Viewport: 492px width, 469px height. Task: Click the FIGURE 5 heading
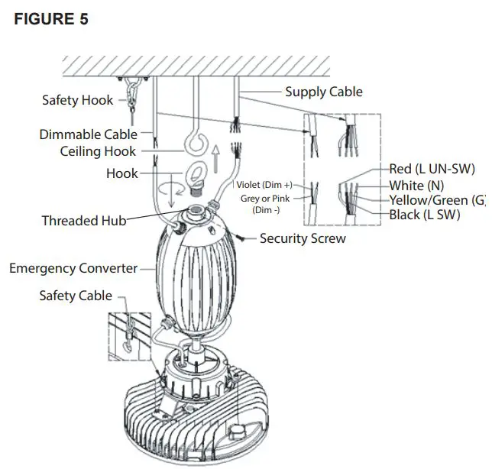coord(51,19)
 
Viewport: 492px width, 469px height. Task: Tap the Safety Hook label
coord(77,100)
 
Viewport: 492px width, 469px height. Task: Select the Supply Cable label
coord(323,92)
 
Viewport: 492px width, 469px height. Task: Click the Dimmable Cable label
coord(89,134)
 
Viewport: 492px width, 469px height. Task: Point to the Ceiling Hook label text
coord(98,151)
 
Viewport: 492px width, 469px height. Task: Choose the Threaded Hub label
coord(83,221)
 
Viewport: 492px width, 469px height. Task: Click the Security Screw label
coord(303,238)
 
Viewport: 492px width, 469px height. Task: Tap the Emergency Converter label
coord(73,268)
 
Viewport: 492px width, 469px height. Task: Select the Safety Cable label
coord(76,295)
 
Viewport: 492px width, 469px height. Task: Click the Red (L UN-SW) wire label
coord(432,170)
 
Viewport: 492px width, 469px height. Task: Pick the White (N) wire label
coord(416,186)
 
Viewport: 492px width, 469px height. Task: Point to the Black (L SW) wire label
coord(426,215)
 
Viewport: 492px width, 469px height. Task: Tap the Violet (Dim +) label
coord(264,185)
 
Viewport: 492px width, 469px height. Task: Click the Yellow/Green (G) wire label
coord(438,201)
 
